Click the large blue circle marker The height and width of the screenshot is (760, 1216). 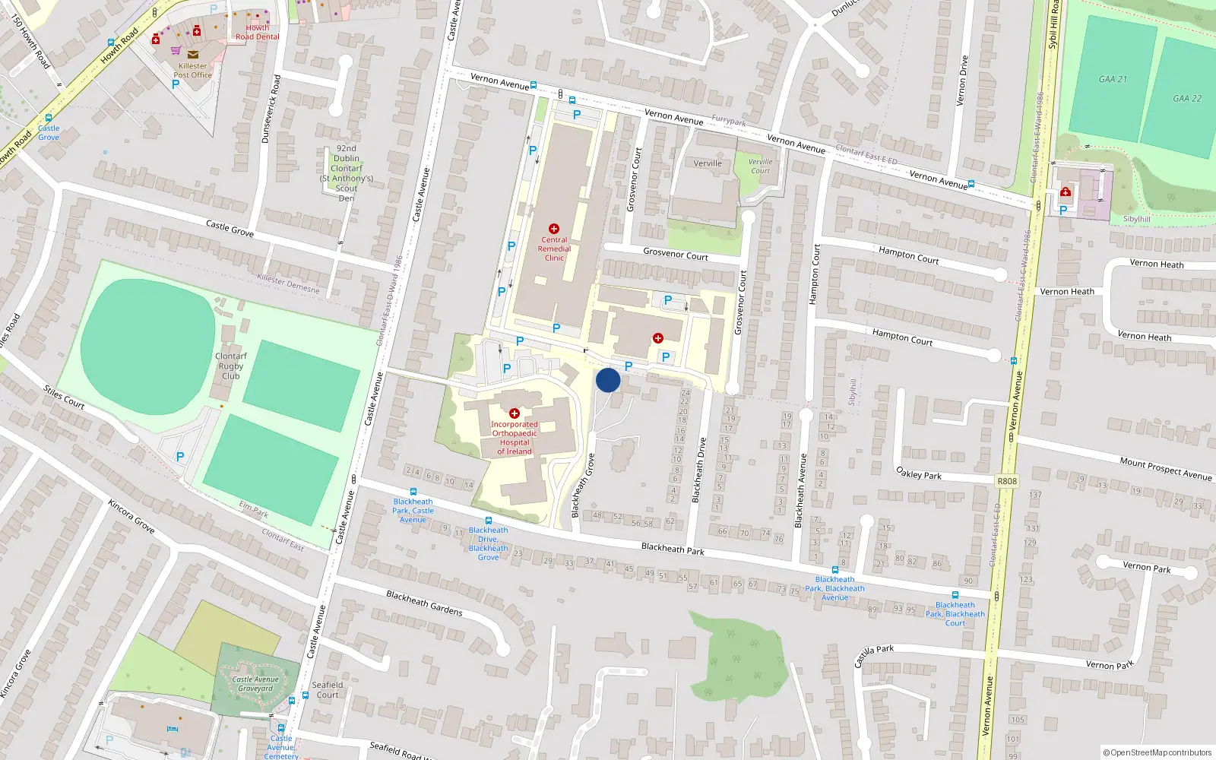coord(608,380)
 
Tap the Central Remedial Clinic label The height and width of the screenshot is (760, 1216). coord(554,249)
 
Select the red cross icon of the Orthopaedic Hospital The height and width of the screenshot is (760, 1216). coord(515,413)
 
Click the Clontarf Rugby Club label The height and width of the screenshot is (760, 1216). coord(230,366)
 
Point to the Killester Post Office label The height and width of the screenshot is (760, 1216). coord(192,71)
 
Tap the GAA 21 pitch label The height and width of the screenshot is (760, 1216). coord(1113,79)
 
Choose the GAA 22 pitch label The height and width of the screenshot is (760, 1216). coord(1186,98)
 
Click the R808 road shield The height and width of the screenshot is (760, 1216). coord(1007,481)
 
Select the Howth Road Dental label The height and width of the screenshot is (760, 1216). coord(257,32)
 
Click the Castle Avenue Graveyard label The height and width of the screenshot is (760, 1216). coord(255,684)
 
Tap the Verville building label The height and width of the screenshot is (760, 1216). coord(708,163)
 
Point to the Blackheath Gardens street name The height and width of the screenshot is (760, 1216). coord(424,603)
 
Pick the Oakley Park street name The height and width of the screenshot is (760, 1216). coord(919,473)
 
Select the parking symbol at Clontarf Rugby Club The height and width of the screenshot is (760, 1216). coord(180,457)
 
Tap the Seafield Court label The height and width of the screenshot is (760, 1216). coord(328,689)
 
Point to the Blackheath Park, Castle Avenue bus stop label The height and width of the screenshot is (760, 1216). coord(413,511)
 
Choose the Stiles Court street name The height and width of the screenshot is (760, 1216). coord(64,397)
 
